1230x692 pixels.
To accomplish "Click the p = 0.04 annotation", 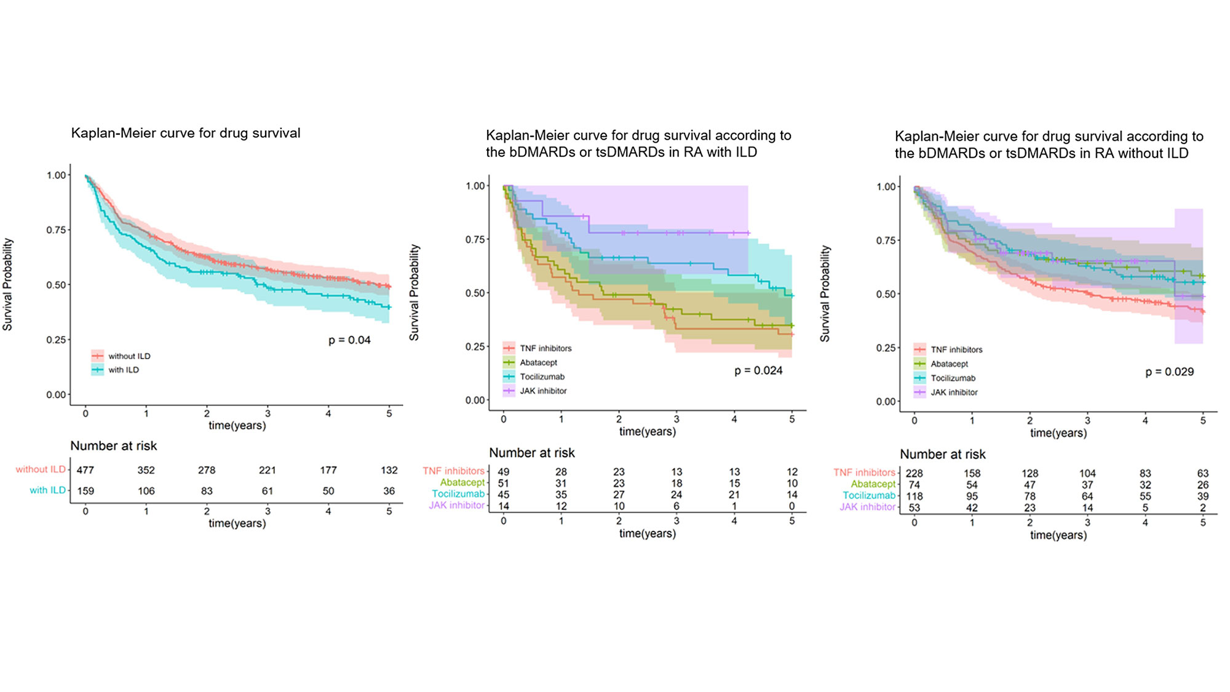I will point(349,340).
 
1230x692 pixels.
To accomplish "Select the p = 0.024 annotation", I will point(758,370).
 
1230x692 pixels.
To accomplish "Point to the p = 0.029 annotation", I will point(1169,372).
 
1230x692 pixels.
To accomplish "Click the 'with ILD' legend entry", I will point(123,370).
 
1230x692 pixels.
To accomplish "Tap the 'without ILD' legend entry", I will point(129,356).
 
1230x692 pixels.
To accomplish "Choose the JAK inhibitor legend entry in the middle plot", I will point(542,391).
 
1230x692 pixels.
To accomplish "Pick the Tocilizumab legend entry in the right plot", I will point(952,378).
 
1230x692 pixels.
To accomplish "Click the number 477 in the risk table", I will point(85,470).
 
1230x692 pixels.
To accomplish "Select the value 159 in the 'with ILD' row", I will point(85,491).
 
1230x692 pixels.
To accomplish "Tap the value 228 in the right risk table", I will point(914,473).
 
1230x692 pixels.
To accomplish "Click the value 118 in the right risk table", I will point(914,496).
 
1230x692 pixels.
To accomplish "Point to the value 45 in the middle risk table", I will point(503,494).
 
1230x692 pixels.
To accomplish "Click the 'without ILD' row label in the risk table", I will point(41,469).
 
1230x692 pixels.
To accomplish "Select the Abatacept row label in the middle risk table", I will point(462,482).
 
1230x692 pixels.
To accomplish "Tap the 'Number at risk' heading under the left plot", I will point(113,446).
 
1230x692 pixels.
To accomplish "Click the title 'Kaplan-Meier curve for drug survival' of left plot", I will point(186,133).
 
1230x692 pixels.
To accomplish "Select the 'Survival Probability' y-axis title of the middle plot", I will point(414,292).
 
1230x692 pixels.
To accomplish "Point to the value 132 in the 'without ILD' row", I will point(389,470).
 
